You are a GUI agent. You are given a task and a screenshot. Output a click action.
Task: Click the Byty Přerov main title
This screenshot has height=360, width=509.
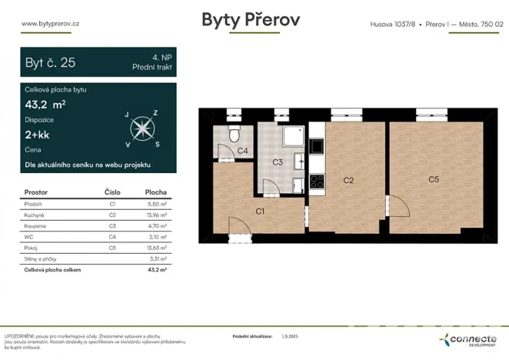pyautogui.click(x=251, y=21)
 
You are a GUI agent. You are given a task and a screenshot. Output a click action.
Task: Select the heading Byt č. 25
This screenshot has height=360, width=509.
pyautogui.click(x=51, y=63)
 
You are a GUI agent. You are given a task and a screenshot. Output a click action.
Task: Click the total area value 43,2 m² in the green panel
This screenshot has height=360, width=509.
pyautogui.click(x=45, y=105)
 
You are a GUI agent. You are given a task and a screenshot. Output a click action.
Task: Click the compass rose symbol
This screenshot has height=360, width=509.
pyautogui.click(x=141, y=128)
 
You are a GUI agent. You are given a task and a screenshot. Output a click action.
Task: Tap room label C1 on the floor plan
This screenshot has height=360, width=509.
pyautogui.click(x=260, y=210)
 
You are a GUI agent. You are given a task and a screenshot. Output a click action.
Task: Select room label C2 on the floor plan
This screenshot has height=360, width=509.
pyautogui.click(x=348, y=180)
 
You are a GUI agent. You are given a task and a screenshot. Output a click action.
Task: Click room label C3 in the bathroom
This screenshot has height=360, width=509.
pyautogui.click(x=278, y=162)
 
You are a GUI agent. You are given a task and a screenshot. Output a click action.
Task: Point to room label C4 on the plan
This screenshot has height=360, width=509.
pyautogui.click(x=241, y=151)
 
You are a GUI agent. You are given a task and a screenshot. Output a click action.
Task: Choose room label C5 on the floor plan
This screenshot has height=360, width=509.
pyautogui.click(x=434, y=179)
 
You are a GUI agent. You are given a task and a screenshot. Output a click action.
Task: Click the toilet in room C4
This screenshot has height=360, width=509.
pyautogui.click(x=235, y=135)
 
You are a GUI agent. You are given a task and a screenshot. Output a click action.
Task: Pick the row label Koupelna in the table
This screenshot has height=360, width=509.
pyautogui.click(x=37, y=226)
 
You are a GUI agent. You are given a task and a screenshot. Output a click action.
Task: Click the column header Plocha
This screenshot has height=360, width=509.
pyautogui.click(x=155, y=192)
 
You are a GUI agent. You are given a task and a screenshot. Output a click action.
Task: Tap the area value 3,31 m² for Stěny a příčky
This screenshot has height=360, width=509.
pyautogui.click(x=156, y=260)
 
